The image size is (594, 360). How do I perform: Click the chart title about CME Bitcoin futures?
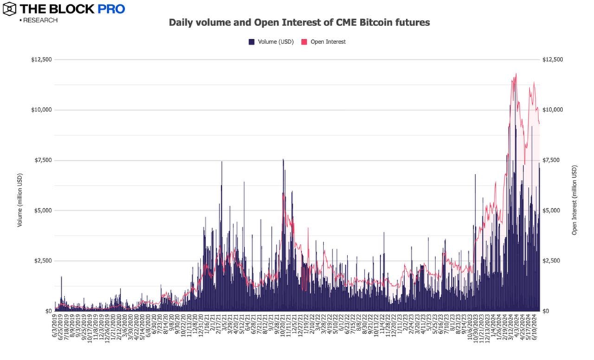[299, 23]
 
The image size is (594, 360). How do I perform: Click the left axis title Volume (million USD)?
[21, 185]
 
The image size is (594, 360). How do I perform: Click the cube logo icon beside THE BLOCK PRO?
[10, 9]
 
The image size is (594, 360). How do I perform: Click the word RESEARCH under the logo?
[40, 20]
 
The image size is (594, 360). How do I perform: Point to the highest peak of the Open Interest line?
[516, 74]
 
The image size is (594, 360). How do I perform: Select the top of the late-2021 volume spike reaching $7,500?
[283, 160]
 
